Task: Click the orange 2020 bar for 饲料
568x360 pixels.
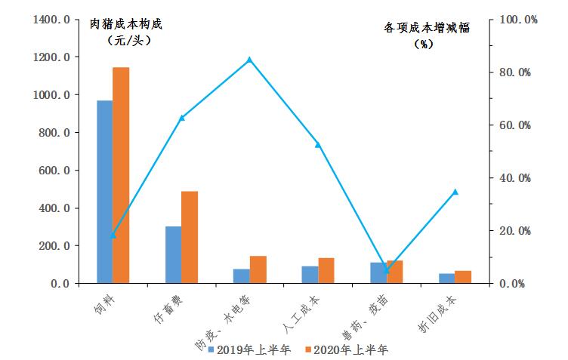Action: tap(121, 175)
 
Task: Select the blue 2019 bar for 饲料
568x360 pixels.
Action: tap(104, 192)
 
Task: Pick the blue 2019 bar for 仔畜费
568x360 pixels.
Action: tap(173, 255)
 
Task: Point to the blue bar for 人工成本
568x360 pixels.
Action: tap(310, 275)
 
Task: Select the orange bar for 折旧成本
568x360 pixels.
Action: tap(463, 277)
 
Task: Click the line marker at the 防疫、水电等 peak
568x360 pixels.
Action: tap(249, 60)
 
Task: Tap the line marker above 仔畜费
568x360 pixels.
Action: tap(181, 118)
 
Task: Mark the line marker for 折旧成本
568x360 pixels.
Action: tap(455, 192)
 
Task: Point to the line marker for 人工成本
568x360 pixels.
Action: tap(318, 144)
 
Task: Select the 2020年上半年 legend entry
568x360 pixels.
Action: tap(346, 349)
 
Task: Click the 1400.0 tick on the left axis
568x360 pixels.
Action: tap(51, 19)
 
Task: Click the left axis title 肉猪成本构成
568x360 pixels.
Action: tap(126, 24)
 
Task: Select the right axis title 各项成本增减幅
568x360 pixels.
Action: tap(427, 28)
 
